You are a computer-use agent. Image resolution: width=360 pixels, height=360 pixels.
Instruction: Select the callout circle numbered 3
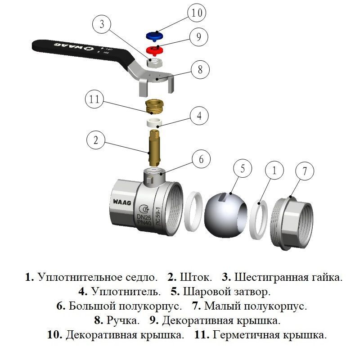[x=102, y=25]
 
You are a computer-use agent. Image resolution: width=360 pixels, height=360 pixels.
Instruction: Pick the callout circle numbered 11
[x=95, y=100]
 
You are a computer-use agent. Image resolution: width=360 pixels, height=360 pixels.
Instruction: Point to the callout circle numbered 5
[x=243, y=170]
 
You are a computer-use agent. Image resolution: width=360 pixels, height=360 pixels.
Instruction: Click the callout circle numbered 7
[x=304, y=171]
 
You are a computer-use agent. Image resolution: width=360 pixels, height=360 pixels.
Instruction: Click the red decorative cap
[x=155, y=49]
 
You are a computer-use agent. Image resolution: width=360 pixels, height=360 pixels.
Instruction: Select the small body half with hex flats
[x=292, y=220]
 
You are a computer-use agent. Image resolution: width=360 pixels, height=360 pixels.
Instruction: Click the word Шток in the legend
[x=192, y=277]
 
